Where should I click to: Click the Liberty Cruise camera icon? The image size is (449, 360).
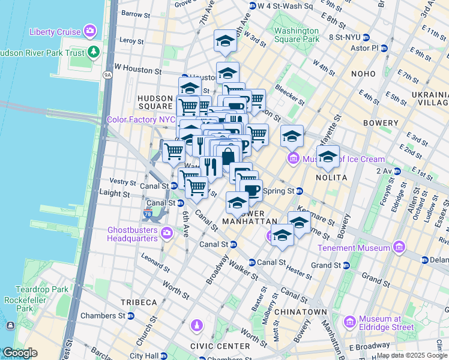click(x=90, y=31)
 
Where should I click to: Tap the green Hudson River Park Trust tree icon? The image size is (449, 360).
click(x=93, y=52)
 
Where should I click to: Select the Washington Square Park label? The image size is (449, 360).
click(x=297, y=35)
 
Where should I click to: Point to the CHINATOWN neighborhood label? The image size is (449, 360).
click(x=300, y=312)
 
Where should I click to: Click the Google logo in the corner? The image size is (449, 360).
click(x=19, y=353)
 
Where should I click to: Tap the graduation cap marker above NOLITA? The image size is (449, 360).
click(x=328, y=158)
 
